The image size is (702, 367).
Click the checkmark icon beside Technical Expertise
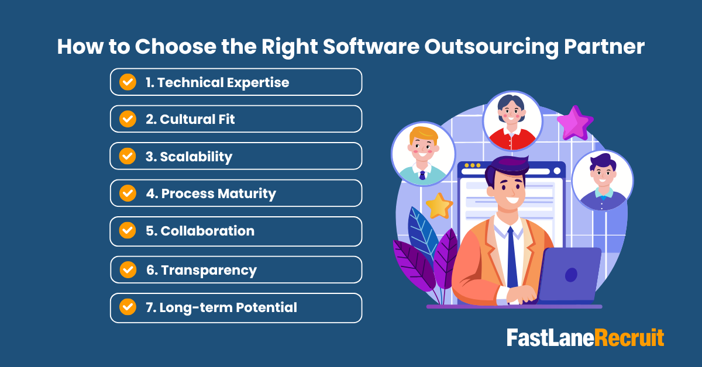(x=128, y=82)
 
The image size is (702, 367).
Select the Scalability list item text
(x=188, y=157)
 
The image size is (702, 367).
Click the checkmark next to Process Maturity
(x=128, y=193)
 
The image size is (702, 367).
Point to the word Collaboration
(x=199, y=231)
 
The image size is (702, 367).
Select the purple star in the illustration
(x=574, y=122)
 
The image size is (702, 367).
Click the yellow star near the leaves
(x=439, y=205)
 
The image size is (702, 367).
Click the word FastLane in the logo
(x=550, y=338)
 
